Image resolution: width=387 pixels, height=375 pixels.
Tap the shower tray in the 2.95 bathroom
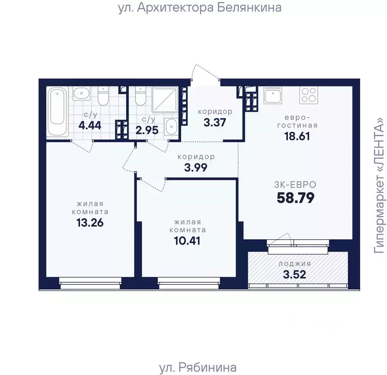165,99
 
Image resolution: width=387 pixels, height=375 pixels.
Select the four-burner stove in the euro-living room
309,95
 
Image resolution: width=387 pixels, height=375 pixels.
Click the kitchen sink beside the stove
273,95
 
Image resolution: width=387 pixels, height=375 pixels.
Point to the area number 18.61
297,136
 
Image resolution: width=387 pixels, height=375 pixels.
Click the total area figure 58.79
296,198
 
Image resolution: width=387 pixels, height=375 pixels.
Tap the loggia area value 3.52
295,274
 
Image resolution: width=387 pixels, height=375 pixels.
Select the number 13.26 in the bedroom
90,223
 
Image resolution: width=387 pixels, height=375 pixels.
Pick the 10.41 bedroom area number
187,241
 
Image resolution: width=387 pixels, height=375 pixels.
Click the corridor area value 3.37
215,123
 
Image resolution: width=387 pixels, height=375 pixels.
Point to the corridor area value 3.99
196,168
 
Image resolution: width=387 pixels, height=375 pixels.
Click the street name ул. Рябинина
198,367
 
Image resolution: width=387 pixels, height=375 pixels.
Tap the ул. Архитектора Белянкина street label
200,7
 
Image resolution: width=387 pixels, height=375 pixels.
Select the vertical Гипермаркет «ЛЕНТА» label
380,186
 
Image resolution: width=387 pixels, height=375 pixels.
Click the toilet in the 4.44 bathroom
103,96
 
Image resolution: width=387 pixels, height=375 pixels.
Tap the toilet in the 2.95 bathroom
140,96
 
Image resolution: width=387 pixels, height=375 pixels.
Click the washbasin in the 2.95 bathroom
171,126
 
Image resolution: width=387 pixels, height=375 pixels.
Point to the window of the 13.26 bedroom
90,283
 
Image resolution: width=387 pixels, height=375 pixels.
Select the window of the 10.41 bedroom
189,283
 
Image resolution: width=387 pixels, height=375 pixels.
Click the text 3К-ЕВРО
295,185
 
